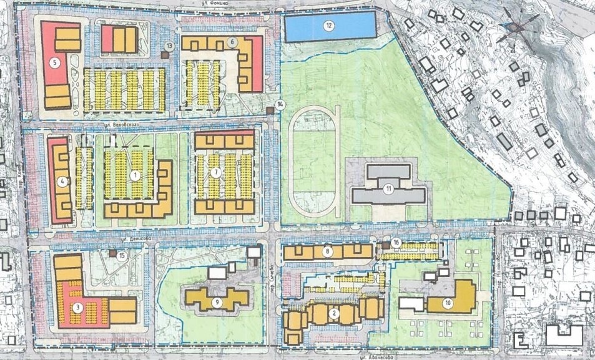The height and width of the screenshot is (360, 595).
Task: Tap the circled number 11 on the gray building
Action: tap(388, 188)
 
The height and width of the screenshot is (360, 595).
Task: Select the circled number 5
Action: tap(55, 62)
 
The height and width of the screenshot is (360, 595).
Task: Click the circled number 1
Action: tap(135, 175)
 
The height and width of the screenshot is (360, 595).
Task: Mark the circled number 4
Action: tap(61, 182)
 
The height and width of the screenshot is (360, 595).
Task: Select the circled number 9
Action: tap(217, 302)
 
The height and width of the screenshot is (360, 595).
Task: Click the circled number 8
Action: tap(328, 252)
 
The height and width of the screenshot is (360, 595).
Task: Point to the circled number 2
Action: tap(335, 312)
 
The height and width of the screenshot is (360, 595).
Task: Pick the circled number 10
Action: tap(447, 303)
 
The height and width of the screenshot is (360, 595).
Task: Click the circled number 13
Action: tap(169, 46)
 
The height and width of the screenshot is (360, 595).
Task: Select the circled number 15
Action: tap(122, 255)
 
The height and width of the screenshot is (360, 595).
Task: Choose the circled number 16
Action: tap(395, 241)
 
